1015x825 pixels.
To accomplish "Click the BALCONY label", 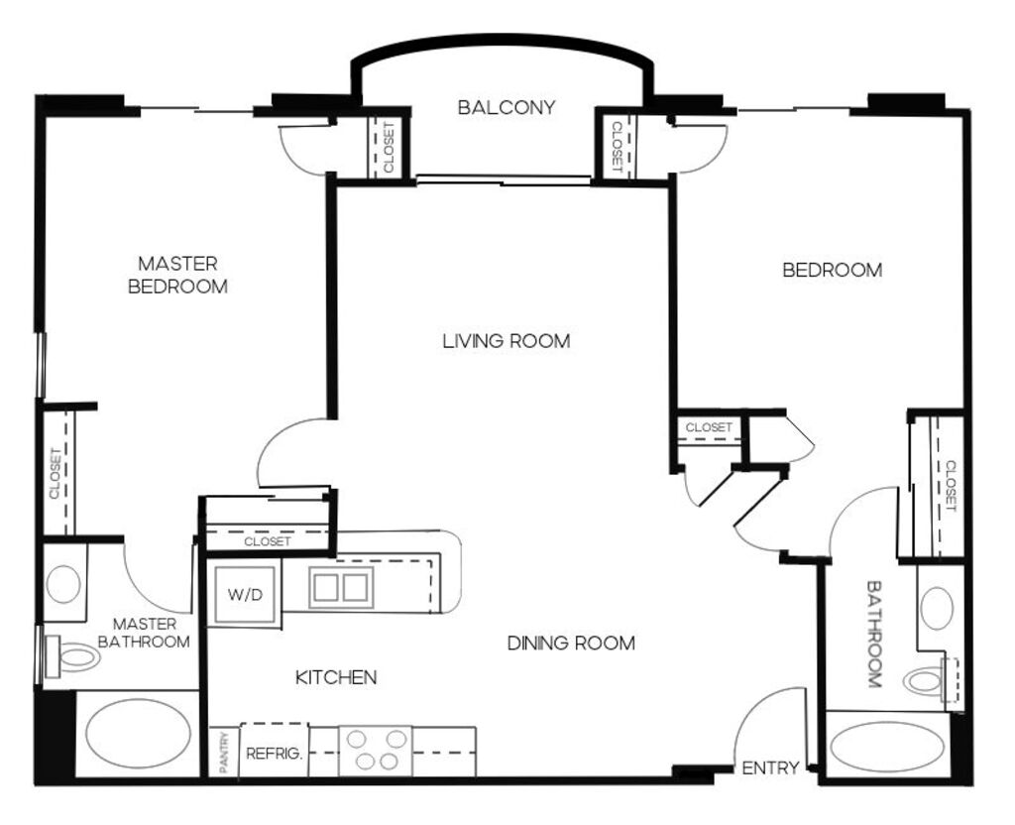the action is (x=507, y=107).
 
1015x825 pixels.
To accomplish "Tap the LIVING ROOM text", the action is (x=507, y=341).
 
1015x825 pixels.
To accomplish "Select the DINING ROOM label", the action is (x=571, y=643).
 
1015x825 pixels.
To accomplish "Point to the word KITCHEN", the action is (x=336, y=677).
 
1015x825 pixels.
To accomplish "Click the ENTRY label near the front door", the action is (x=769, y=768).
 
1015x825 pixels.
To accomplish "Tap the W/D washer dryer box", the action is (x=245, y=595).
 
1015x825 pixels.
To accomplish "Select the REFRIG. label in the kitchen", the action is (x=274, y=754).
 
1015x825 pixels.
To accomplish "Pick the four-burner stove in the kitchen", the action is (x=376, y=751).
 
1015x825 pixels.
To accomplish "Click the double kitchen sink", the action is (x=341, y=587).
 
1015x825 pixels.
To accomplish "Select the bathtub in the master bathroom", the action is (x=139, y=734).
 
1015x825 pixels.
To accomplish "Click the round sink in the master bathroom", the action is (x=63, y=584).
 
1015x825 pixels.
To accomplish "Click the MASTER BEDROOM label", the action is (x=178, y=276).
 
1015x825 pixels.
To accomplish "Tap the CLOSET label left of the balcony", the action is (x=389, y=149).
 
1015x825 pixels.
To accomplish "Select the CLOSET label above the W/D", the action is (x=268, y=541).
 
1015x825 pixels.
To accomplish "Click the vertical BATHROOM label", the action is (x=874, y=634).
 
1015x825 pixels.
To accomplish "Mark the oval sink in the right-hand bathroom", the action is (x=937, y=608).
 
